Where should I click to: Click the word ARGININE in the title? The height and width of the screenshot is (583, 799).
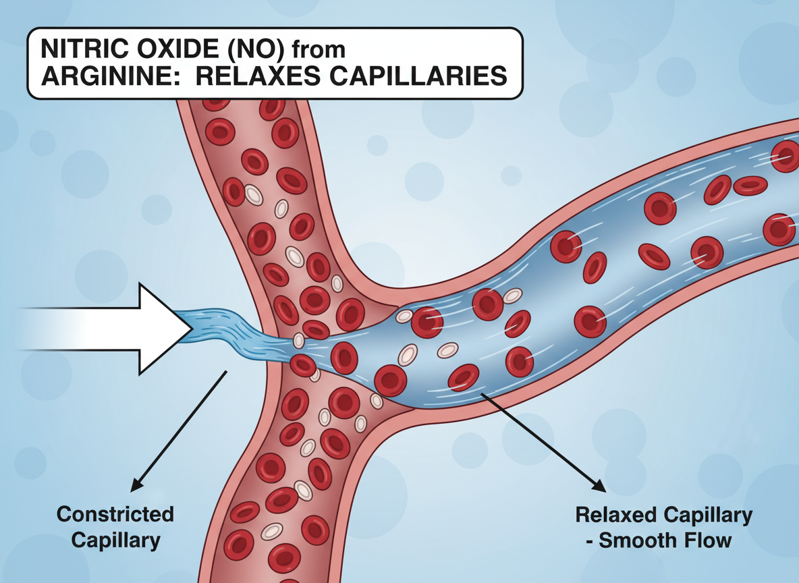pyautogui.click(x=109, y=76)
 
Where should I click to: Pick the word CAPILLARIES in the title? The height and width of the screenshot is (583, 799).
pyautogui.click(x=418, y=76)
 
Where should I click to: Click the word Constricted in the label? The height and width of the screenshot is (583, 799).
pyautogui.click(x=115, y=514)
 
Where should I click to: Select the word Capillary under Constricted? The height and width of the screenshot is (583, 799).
pyautogui.click(x=115, y=540)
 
